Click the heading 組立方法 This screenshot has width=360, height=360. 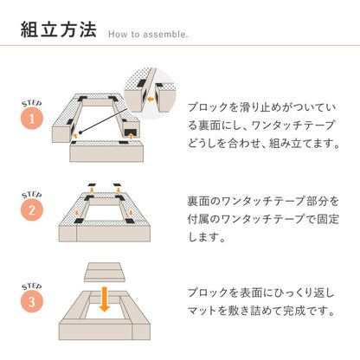[x=58, y=30]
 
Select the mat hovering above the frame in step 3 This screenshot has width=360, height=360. [x=104, y=275]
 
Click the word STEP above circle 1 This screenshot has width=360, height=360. [x=29, y=103]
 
